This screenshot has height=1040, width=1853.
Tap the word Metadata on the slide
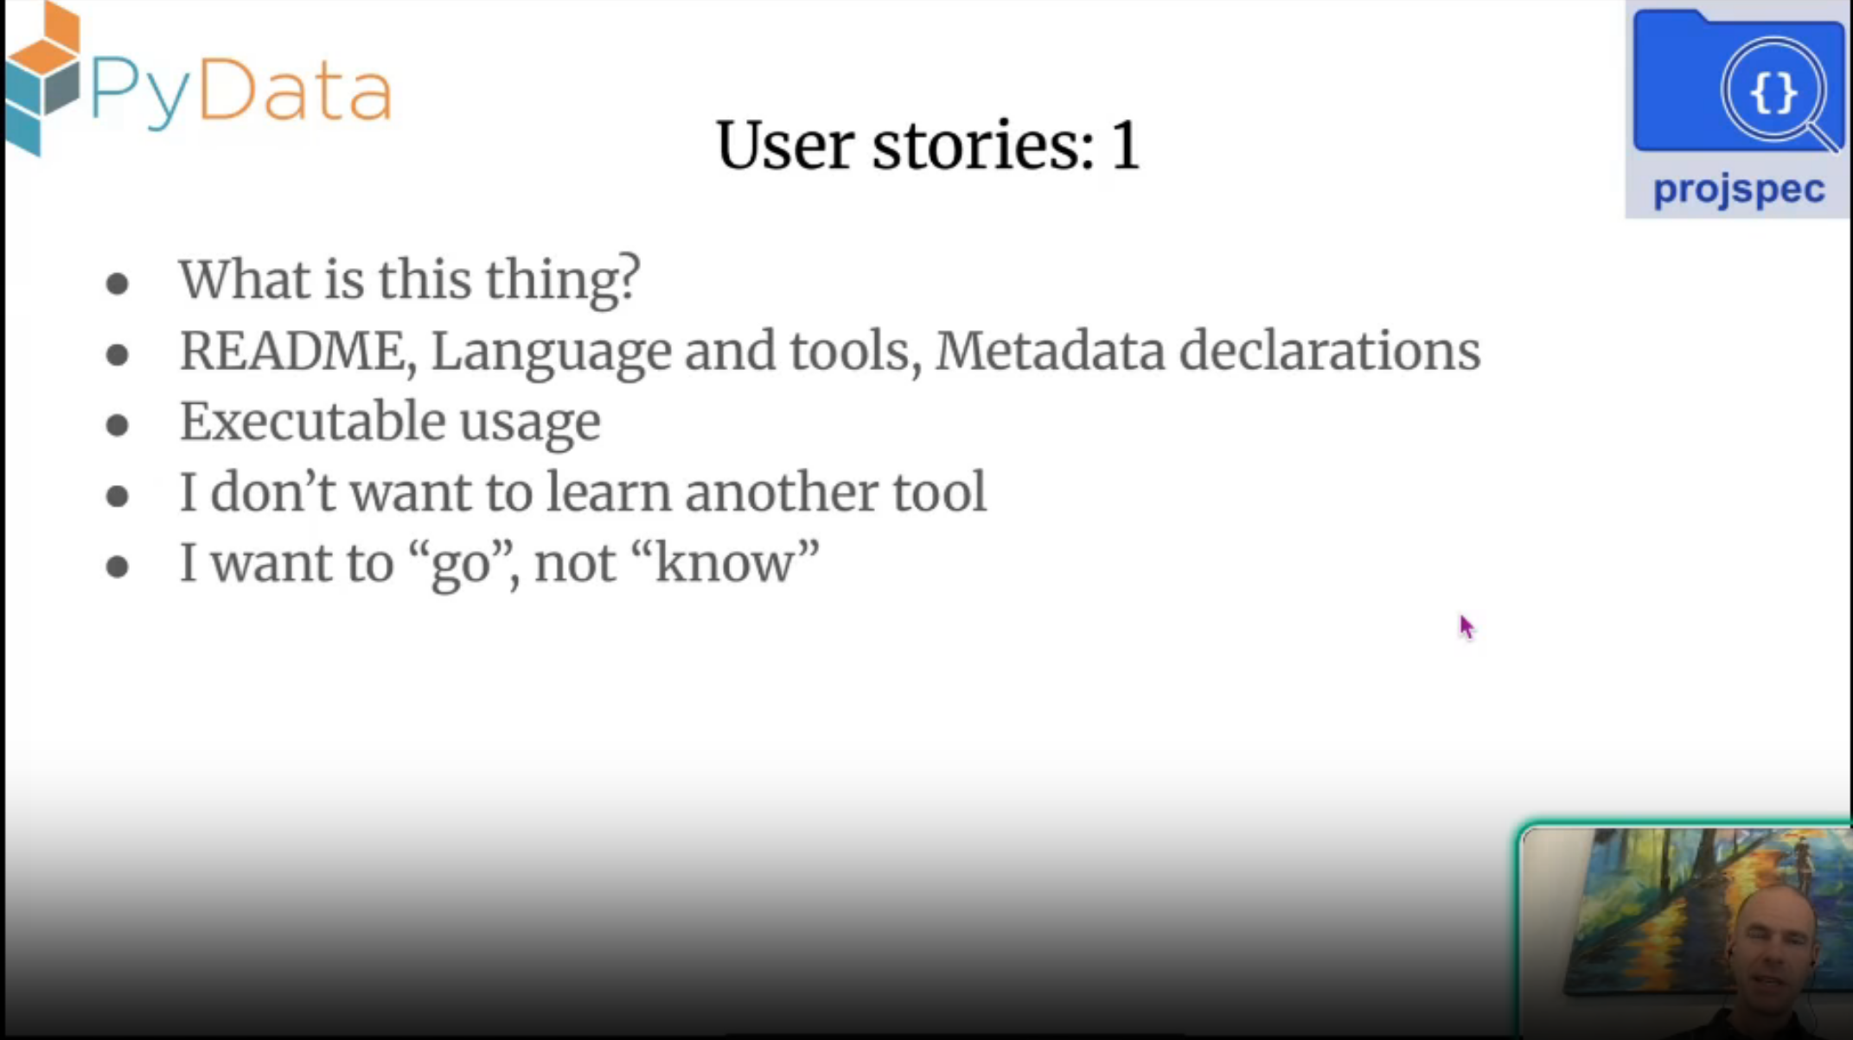(x=1050, y=351)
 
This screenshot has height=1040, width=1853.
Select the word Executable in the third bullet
(x=311, y=422)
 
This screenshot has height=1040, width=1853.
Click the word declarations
(x=1330, y=351)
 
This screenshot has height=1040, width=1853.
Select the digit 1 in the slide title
(x=1126, y=145)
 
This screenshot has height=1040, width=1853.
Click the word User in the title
(x=784, y=145)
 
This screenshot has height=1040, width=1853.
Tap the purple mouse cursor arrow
(x=1466, y=627)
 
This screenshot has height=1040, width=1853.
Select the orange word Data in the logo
(x=295, y=89)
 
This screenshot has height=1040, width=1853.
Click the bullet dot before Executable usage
(x=118, y=425)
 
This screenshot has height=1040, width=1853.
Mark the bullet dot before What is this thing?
(x=118, y=284)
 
